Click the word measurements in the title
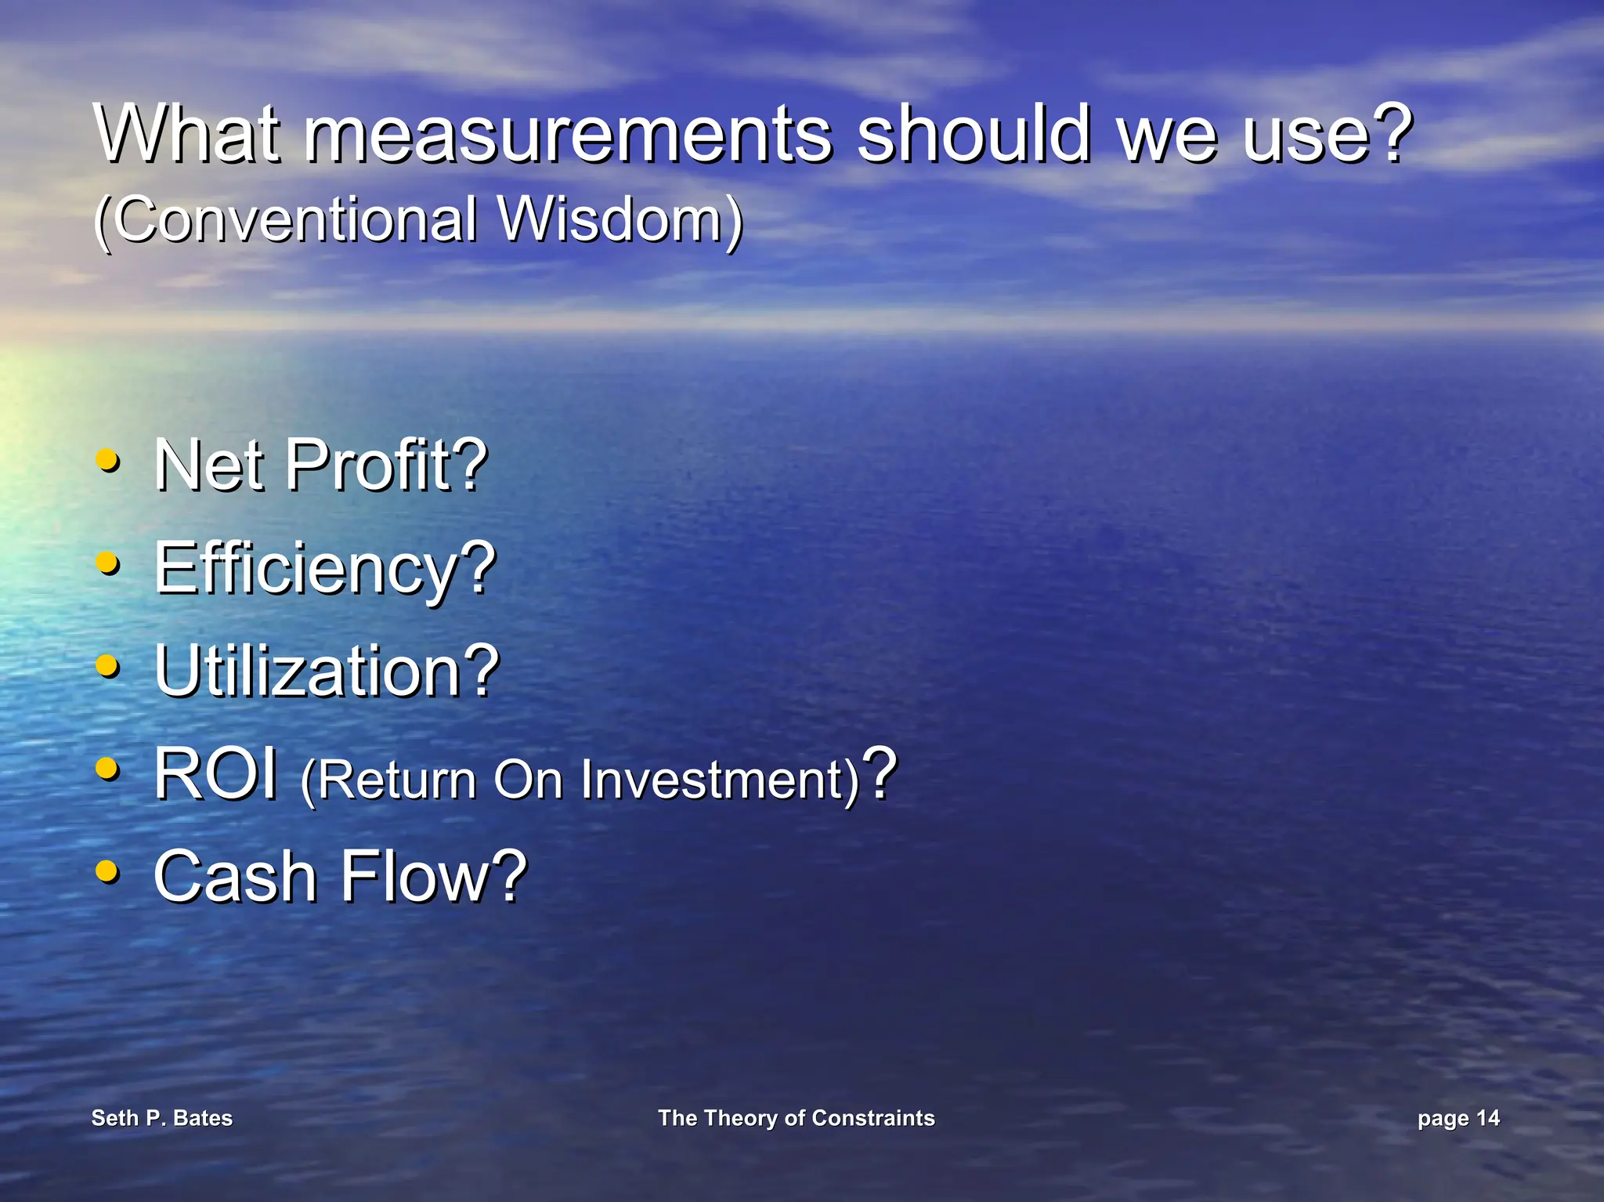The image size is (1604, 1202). [x=568, y=135]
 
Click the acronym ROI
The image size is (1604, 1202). [x=215, y=774]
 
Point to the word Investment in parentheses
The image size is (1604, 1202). [x=713, y=780]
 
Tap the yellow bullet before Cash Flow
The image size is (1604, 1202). [x=107, y=871]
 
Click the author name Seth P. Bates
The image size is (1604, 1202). [x=162, y=1117]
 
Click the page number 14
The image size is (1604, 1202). [x=1487, y=1117]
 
